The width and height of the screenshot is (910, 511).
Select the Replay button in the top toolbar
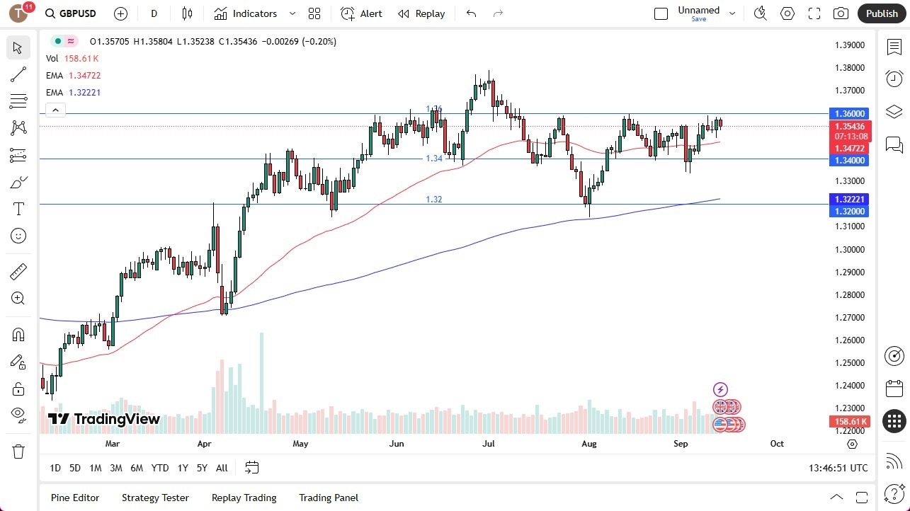point(421,13)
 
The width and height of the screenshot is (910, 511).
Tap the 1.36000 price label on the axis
point(849,113)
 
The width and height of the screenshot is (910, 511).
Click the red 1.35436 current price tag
point(849,126)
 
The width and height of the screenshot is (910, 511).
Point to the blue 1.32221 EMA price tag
point(849,200)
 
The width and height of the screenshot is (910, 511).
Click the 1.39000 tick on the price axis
point(849,45)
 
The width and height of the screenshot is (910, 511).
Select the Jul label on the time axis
point(488,444)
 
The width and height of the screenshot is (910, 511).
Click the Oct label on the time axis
point(777,444)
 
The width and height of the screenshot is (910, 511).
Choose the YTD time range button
point(160,468)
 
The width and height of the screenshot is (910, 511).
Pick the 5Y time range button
point(202,468)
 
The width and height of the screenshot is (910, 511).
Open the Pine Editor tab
point(75,498)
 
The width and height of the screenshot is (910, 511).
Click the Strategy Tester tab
point(155,498)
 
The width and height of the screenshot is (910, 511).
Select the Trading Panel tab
point(329,498)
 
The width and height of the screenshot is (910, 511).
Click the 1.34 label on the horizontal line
point(433,159)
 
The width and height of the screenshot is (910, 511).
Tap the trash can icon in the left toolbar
point(18,452)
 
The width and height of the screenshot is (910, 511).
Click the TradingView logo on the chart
point(104,419)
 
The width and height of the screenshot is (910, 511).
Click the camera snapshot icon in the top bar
point(841,13)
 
